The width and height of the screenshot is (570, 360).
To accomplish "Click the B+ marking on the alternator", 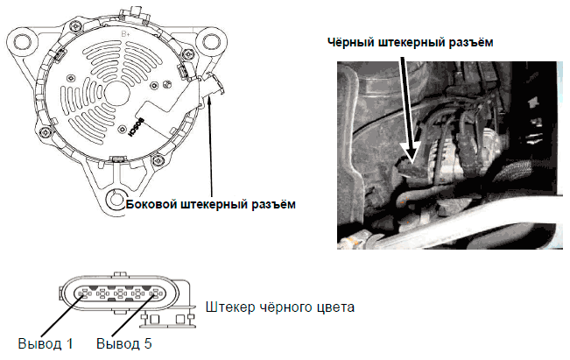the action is pyautogui.click(x=125, y=34).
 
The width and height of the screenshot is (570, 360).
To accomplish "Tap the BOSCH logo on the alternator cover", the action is pyautogui.click(x=137, y=128).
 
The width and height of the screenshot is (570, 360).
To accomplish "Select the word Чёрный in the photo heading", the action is pyautogui.click(x=351, y=42).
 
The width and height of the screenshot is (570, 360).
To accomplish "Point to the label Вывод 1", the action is pyautogui.click(x=46, y=343).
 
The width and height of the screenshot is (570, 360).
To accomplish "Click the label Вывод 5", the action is pyautogui.click(x=124, y=343).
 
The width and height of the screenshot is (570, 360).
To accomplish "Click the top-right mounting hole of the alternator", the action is pyautogui.click(x=211, y=41).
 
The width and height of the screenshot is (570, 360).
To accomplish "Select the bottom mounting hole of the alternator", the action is pyautogui.click(x=116, y=199).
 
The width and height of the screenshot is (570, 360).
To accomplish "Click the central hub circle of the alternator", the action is pyautogui.click(x=117, y=94).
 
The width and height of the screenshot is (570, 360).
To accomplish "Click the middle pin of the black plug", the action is pyautogui.click(x=120, y=293).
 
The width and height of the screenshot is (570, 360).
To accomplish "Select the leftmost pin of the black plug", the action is pyautogui.click(x=85, y=293).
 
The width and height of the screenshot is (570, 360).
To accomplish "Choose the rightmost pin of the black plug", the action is pyautogui.click(x=156, y=293).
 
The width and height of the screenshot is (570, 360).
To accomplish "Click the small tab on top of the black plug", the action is pyautogui.click(x=120, y=274).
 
